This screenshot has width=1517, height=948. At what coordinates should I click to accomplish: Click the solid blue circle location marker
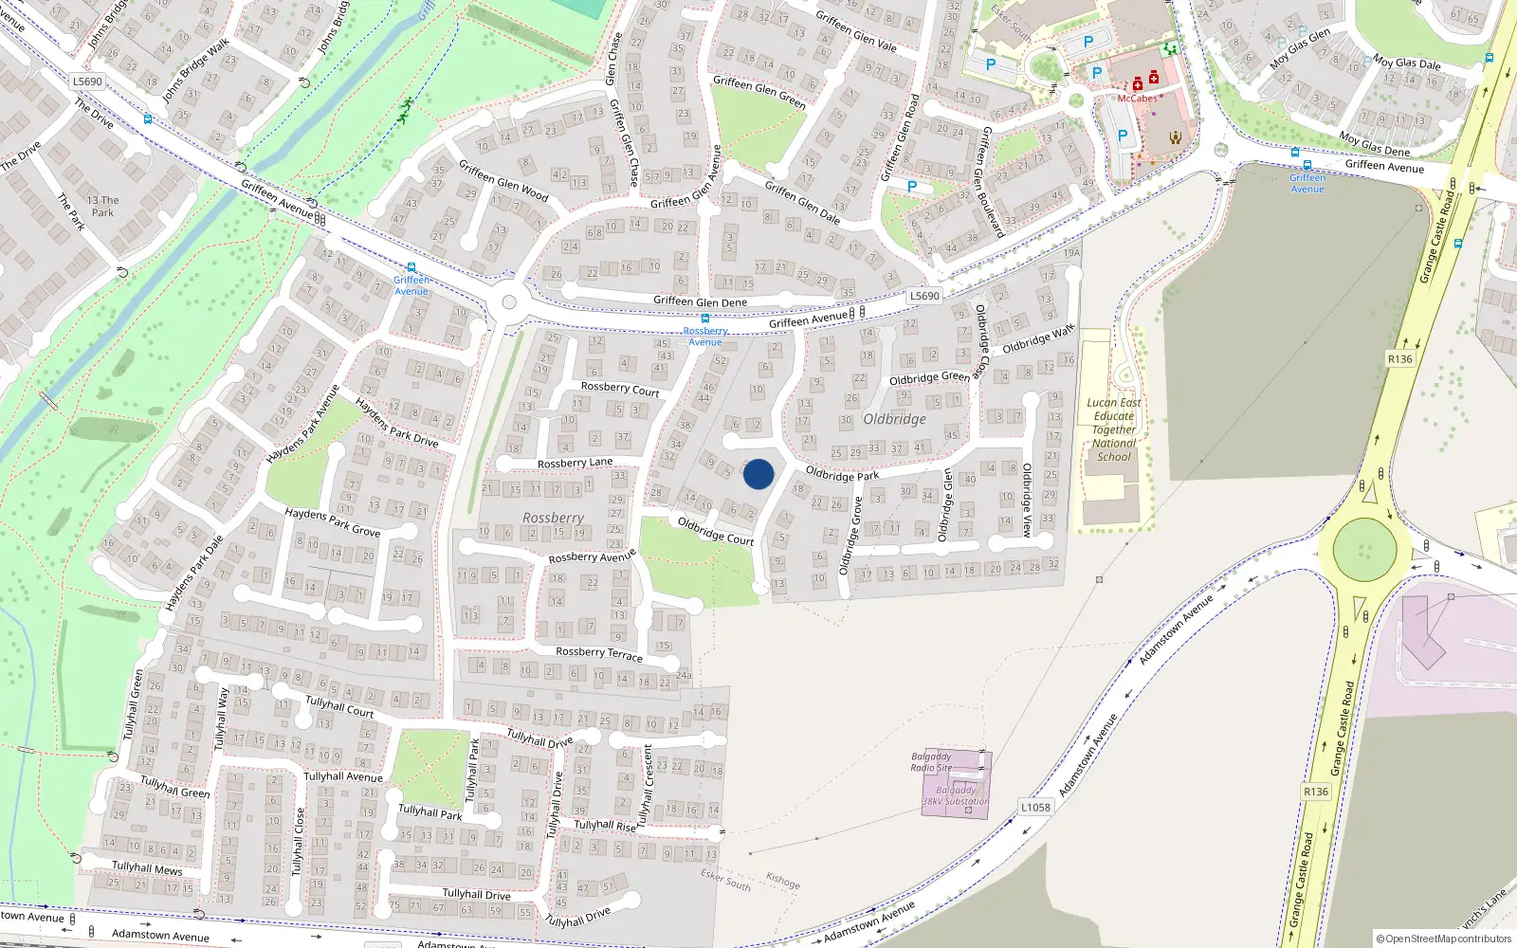[x=758, y=474]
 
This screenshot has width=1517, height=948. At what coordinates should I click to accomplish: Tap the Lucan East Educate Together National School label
[x=1114, y=429]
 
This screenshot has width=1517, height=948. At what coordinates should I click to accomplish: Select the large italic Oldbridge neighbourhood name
[x=894, y=419]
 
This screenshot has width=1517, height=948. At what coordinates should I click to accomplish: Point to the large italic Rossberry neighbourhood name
[x=553, y=518]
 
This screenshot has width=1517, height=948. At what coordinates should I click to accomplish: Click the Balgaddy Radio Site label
[x=931, y=762]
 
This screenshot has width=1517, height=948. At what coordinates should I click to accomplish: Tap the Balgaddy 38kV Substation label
[x=956, y=795]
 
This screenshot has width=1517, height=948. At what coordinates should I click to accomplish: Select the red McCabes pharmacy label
[x=1137, y=99]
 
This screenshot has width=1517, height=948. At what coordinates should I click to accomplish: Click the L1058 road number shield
[x=1035, y=807]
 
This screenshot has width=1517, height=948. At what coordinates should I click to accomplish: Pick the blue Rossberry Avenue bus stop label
[x=705, y=336]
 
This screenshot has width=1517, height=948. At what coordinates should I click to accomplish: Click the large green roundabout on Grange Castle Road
[x=1364, y=550]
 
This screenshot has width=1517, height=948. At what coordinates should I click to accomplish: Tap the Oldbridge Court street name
[x=716, y=531]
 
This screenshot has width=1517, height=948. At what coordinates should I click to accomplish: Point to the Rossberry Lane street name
[x=575, y=463]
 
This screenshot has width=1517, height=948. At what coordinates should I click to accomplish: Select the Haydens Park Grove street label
[x=333, y=521]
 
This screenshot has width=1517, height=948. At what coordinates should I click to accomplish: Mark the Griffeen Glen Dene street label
[x=700, y=301]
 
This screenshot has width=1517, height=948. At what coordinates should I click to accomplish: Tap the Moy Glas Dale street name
[x=1407, y=64]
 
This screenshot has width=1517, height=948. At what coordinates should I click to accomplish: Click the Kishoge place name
[x=783, y=881]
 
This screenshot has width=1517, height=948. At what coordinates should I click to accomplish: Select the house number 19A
[x=1071, y=252]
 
